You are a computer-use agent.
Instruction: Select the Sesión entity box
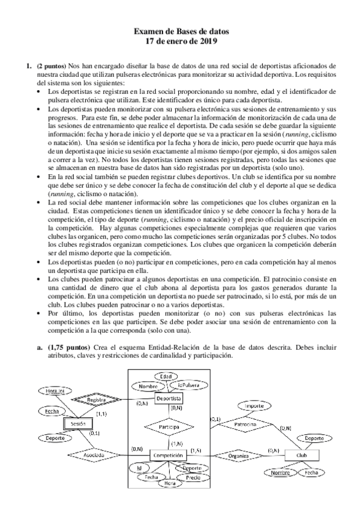coord(78,424)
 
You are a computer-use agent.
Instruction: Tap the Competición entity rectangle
coord(168,455)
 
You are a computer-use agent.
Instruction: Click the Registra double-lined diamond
coord(97,400)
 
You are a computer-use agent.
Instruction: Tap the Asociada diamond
coord(92,454)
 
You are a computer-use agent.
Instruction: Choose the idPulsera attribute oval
coord(189,385)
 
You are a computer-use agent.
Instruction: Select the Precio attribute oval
coord(193,477)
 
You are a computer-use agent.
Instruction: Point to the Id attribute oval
coord(140,468)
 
